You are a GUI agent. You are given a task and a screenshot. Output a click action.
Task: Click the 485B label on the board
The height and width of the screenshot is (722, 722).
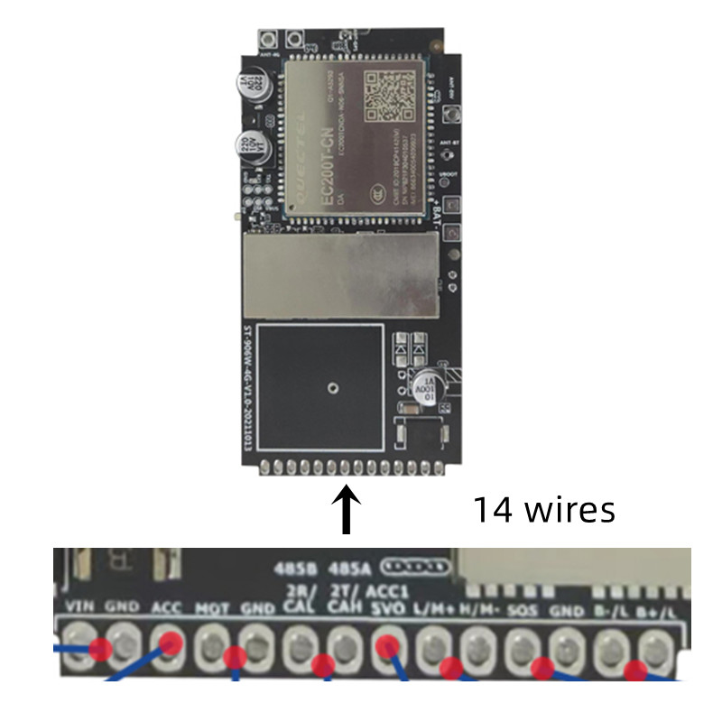pos(295,569)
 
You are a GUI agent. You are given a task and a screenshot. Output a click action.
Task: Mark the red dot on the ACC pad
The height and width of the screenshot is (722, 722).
pos(170,642)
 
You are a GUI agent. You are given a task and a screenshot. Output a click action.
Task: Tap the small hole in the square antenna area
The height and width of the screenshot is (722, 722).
pos(334,389)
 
